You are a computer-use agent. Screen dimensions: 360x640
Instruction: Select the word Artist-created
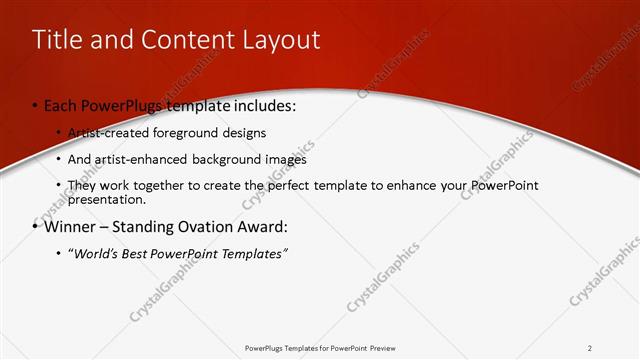[x=104, y=132]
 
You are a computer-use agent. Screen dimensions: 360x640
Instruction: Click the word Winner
[x=70, y=226]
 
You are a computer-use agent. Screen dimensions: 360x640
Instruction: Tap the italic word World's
[x=97, y=254]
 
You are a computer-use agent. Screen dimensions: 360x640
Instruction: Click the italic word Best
[x=139, y=254]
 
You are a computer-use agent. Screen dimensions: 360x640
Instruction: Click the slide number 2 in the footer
[x=590, y=348]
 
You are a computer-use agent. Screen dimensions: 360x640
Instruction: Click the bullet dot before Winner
[x=35, y=226]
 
